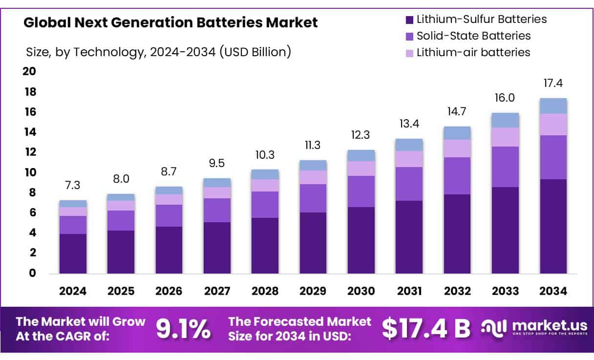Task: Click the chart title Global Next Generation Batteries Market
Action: [170, 22]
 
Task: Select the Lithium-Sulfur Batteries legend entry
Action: [481, 20]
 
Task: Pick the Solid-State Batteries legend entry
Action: [473, 36]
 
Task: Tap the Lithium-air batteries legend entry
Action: [473, 52]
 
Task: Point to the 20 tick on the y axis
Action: [30, 72]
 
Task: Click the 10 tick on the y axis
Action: [30, 172]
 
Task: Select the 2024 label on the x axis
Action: [73, 291]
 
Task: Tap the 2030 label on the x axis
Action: [361, 291]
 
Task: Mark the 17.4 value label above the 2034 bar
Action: [553, 84]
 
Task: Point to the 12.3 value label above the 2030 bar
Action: [361, 134]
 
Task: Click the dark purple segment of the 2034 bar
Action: [553, 226]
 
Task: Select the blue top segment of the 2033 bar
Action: [505, 120]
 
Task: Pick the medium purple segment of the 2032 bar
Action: [457, 176]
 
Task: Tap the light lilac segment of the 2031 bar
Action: [409, 159]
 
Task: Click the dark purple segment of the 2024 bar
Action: [73, 254]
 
